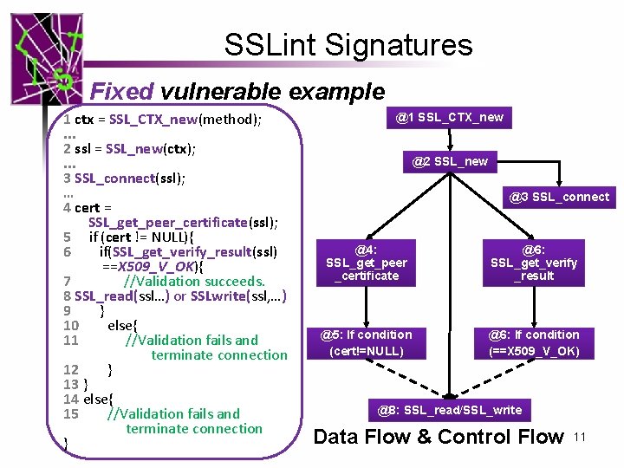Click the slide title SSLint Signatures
[x=348, y=45]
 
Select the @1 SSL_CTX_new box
[x=449, y=117]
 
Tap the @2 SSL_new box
[x=449, y=161]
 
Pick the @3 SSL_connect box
[x=558, y=197]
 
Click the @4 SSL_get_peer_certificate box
[x=366, y=263]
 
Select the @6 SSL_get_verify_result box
[x=534, y=263]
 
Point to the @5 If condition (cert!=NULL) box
[x=366, y=342]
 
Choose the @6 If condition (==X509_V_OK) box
[x=534, y=342]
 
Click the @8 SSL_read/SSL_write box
[x=449, y=410]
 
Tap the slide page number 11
[x=580, y=438]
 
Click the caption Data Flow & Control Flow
[x=438, y=437]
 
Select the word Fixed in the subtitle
[x=121, y=91]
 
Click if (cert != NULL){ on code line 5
[x=142, y=237]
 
